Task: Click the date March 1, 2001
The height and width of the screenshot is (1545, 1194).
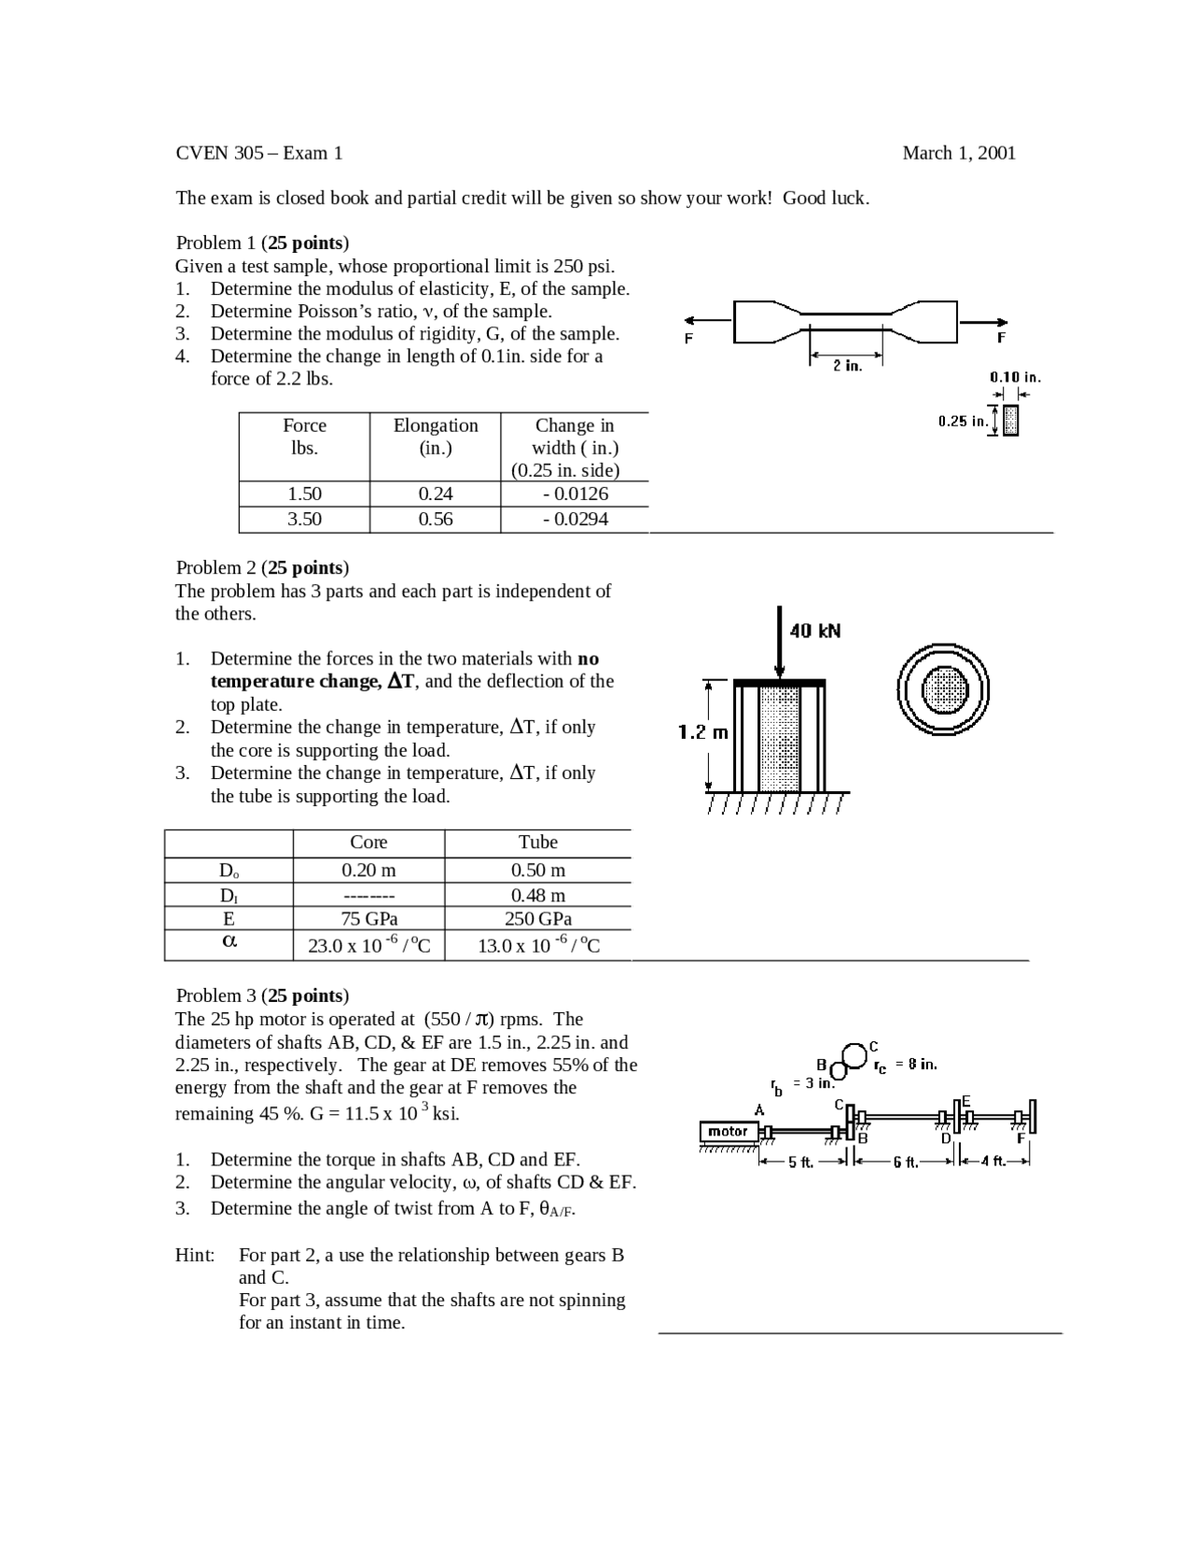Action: [958, 153]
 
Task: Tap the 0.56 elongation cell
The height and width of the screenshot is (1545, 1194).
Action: [435, 520]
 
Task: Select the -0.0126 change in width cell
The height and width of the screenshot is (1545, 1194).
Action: [575, 494]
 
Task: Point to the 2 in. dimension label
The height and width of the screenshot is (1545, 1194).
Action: [847, 366]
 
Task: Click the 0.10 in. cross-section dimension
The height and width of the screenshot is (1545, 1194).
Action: [1014, 377]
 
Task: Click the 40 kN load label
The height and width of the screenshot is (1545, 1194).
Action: [814, 631]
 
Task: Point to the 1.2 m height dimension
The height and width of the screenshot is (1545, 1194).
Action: [702, 732]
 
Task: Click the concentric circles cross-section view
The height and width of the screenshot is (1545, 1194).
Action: [942, 690]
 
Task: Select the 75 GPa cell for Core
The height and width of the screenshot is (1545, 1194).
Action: [368, 918]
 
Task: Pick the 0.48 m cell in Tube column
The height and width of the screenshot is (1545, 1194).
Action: [537, 895]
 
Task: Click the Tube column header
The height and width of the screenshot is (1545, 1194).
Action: [537, 842]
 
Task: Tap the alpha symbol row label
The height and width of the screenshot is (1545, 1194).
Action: [229, 941]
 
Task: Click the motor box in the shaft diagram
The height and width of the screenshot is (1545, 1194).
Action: [728, 1132]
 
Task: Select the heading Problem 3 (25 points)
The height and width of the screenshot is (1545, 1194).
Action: [262, 995]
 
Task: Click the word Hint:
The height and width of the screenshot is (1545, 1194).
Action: [195, 1255]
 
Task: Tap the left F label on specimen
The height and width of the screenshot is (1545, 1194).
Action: [688, 338]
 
